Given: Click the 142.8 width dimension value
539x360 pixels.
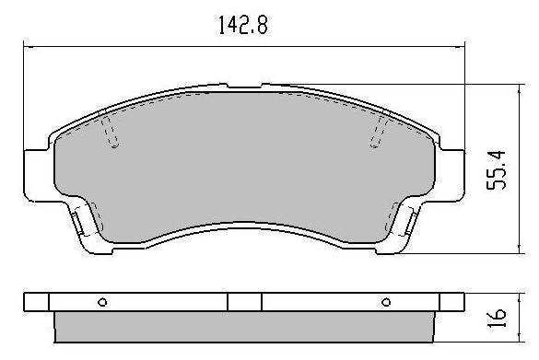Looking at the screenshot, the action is point(243,25).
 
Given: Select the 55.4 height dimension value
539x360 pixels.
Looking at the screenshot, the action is point(497,169).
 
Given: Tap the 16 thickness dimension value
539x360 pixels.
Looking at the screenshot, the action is point(497,318).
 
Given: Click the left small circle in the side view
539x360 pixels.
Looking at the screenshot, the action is point(102,302).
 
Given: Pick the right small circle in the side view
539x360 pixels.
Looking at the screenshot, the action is point(386,302).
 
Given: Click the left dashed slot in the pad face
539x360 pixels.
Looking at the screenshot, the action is point(110,132).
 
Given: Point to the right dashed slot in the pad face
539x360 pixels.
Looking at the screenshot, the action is point(379,132).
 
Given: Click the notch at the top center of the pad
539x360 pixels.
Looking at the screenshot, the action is point(244,86).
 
